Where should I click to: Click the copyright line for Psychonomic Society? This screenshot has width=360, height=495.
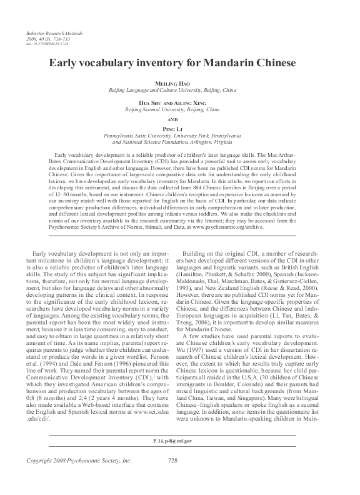tap(61, 478)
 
